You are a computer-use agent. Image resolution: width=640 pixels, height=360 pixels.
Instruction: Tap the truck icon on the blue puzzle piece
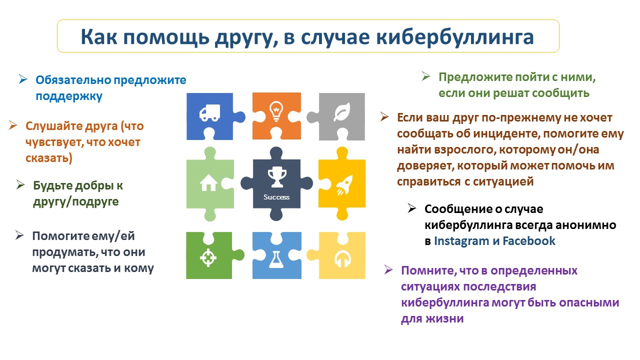point(209,112)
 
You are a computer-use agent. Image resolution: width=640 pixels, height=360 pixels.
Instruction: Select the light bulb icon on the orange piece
point(276,111)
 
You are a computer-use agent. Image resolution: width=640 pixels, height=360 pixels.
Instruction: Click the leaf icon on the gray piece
point(342,111)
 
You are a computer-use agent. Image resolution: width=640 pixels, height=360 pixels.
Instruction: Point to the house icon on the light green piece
point(208,182)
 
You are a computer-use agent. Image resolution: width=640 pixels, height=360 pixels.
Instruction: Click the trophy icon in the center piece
point(277,177)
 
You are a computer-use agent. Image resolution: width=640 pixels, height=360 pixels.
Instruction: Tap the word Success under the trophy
point(276,197)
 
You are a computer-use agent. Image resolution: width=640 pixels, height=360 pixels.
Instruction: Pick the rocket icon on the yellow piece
point(344,185)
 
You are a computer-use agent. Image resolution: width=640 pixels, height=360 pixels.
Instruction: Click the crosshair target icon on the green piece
point(208,257)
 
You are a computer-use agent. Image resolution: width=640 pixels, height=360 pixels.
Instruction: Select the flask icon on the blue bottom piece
point(276,259)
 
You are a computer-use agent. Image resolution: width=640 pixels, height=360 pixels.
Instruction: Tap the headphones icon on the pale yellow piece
point(342,259)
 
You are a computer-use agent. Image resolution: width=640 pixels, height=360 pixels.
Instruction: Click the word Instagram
point(461,241)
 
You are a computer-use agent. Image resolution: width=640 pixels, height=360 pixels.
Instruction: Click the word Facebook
point(529,241)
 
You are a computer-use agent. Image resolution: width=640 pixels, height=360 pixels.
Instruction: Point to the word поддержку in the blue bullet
point(69,96)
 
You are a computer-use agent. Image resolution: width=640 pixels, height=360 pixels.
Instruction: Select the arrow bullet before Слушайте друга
point(13,125)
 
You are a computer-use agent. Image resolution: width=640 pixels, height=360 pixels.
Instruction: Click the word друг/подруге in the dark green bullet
point(75,201)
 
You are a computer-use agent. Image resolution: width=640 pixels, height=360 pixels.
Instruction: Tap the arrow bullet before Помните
point(388,269)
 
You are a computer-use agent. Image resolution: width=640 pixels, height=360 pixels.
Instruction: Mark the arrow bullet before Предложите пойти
point(426,76)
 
